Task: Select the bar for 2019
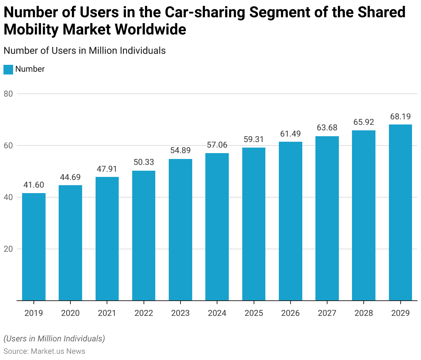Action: [34, 247]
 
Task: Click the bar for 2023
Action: [180, 230]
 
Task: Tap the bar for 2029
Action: [400, 212]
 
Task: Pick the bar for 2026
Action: [291, 221]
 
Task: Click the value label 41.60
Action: [34, 185]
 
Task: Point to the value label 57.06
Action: [217, 145]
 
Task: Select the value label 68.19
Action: [400, 117]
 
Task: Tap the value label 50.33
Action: [144, 162]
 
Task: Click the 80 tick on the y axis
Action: [8, 94]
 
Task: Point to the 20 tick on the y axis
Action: [8, 249]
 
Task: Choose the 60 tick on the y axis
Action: [8, 146]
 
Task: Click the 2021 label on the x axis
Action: [107, 313]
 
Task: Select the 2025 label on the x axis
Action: [254, 313]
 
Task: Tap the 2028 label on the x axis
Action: [364, 313]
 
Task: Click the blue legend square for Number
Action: [8, 69]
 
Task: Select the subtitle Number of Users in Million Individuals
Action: [85, 51]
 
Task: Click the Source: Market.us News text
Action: [45, 351]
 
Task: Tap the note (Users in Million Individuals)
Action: [54, 339]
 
